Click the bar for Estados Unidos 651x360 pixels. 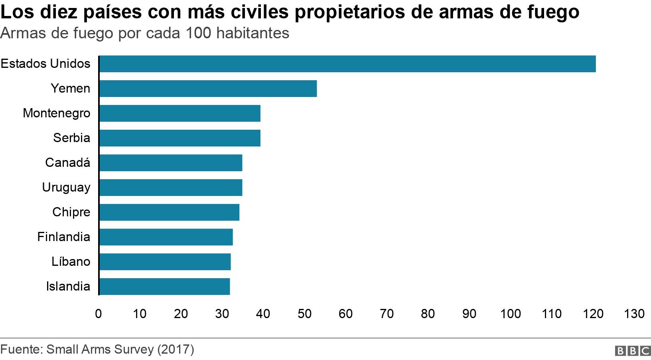tap(347, 64)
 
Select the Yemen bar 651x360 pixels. tap(208, 89)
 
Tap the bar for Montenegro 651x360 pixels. tap(180, 113)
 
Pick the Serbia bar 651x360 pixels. tap(180, 138)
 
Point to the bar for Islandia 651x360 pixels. tap(164, 287)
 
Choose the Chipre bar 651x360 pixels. tap(169, 212)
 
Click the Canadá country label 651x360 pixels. tap(67, 162)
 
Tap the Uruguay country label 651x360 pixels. tap(66, 188)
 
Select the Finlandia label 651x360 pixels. tap(63, 237)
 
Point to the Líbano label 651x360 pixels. tap(71, 261)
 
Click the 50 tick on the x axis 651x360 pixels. tap(304, 314)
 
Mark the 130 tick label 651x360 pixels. tap(634, 314)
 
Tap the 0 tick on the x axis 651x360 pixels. tap(99, 314)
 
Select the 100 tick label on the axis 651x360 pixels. tap(511, 314)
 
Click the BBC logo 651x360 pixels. tap(633, 351)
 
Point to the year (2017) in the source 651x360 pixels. tap(176, 350)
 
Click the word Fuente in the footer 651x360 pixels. tap(21, 350)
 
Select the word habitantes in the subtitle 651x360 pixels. tap(253, 33)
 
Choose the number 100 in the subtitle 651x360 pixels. tap(198, 33)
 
